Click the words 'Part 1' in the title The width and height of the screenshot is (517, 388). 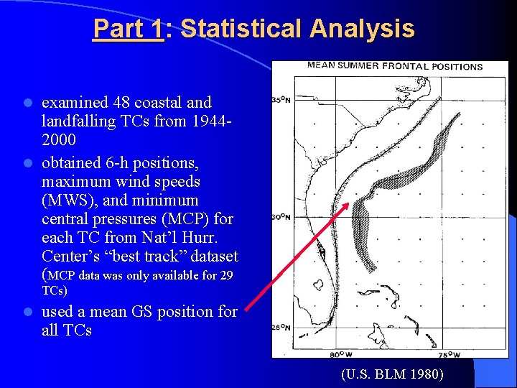click(x=129, y=29)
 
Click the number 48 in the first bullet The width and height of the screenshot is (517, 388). click(x=123, y=103)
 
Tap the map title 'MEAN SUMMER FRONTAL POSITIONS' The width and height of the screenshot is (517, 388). click(x=395, y=67)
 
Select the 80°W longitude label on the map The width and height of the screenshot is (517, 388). click(x=340, y=354)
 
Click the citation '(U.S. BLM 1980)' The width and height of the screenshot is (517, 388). click(x=392, y=374)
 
